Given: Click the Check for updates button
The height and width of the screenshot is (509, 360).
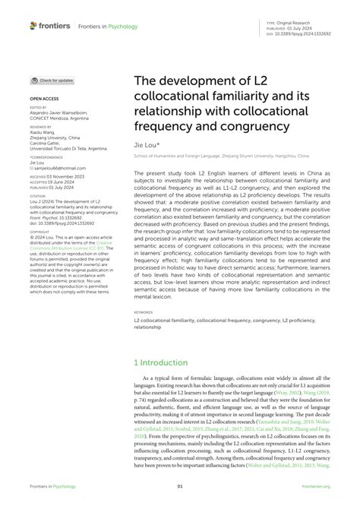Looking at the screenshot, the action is tap(52, 80).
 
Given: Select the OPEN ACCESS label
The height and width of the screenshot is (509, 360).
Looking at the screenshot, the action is tap(44, 99).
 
